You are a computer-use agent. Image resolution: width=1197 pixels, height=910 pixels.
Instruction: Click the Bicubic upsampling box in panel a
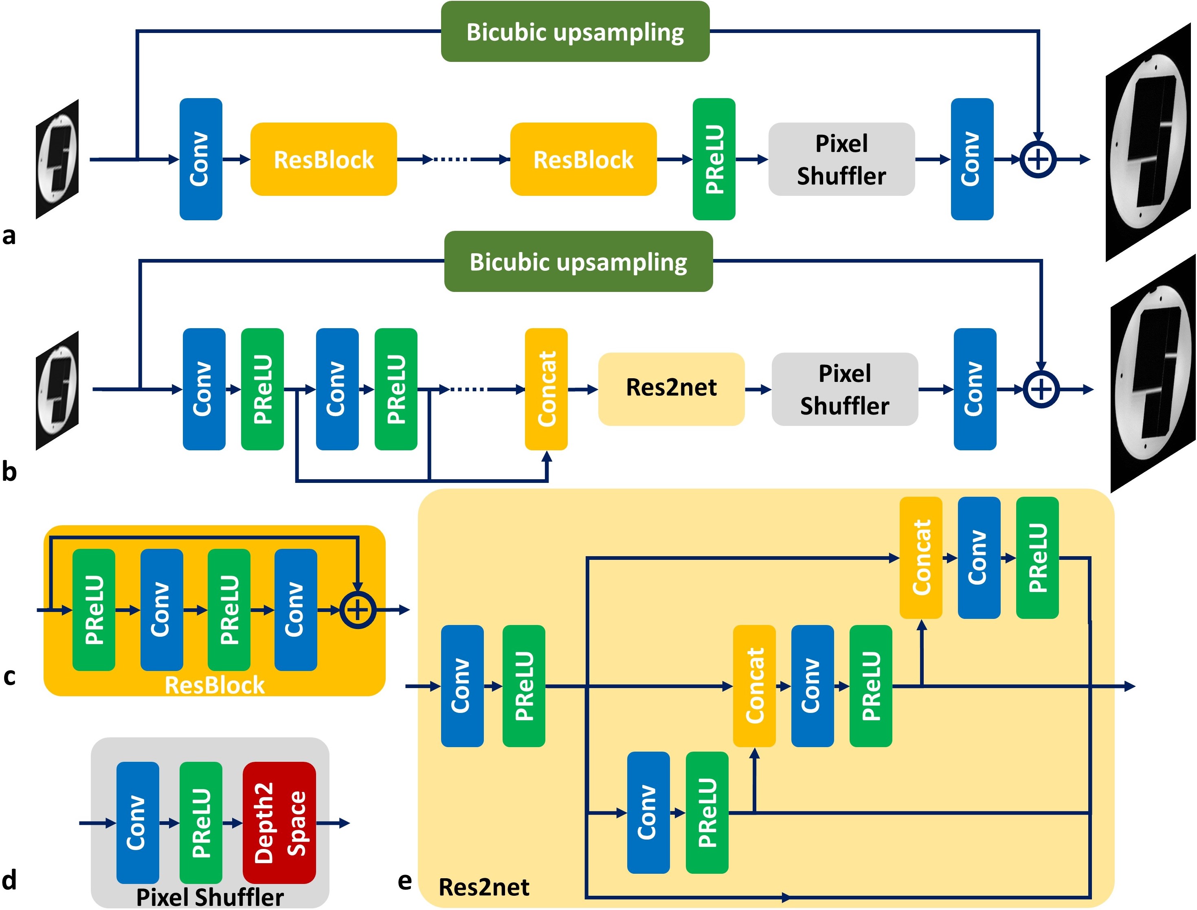575,31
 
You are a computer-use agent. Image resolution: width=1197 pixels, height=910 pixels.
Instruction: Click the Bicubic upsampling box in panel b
578,262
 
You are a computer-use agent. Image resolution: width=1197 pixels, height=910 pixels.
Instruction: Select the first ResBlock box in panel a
323,159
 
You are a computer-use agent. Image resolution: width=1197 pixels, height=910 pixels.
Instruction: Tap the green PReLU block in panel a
714,159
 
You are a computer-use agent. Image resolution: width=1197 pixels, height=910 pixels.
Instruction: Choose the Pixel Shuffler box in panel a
841,159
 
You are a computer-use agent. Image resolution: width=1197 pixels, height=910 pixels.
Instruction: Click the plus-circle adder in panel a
1038,159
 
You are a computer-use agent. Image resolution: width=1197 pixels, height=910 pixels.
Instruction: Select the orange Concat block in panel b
546,389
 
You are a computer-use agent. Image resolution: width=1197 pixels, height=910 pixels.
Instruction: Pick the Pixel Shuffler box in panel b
844,389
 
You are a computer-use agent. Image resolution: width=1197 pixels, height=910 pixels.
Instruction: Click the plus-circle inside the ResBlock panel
358,610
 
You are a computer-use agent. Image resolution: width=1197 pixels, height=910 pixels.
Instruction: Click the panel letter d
9,880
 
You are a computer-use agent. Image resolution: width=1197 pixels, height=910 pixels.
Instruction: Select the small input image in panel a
57,159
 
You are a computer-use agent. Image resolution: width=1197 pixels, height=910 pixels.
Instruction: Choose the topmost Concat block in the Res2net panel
920,557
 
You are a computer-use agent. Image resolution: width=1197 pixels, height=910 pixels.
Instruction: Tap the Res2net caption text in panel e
483,887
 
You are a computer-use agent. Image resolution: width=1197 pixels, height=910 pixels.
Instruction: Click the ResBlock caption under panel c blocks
214,685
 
